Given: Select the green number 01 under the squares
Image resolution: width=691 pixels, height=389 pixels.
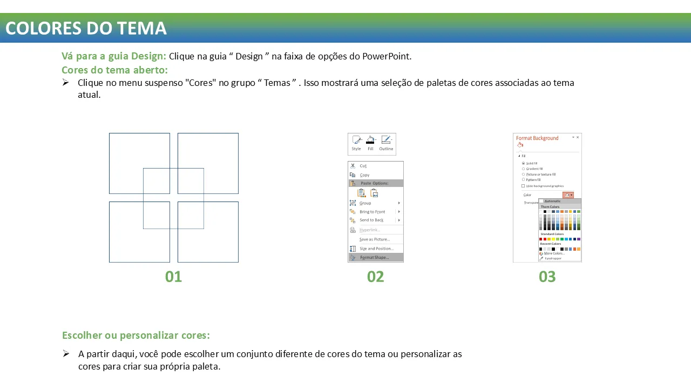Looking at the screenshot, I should (x=173, y=277).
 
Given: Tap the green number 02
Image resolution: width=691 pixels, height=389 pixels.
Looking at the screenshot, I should (x=375, y=277).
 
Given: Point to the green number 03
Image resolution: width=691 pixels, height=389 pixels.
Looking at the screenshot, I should (x=547, y=277).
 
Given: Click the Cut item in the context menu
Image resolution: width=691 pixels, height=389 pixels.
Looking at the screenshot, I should (x=363, y=166).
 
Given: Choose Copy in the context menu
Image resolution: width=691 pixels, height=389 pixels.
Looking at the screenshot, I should (x=365, y=175).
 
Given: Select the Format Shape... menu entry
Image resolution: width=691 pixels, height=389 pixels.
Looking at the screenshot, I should (x=374, y=258).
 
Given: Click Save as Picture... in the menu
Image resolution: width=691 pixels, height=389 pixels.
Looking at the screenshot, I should (x=374, y=239).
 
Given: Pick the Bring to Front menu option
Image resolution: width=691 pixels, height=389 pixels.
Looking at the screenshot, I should (x=372, y=212).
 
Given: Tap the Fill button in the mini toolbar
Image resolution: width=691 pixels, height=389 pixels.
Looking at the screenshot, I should (x=370, y=143).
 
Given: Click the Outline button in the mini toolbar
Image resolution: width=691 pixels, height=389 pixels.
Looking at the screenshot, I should (x=386, y=143).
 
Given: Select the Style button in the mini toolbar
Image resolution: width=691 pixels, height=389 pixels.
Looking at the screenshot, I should (x=356, y=143).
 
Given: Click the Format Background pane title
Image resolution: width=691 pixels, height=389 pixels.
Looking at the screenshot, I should (x=537, y=138).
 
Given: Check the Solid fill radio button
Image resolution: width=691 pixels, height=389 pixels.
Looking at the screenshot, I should (x=523, y=163).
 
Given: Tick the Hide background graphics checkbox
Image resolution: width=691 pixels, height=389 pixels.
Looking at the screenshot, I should (x=523, y=186).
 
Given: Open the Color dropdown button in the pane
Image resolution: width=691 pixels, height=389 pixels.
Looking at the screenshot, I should (x=568, y=195).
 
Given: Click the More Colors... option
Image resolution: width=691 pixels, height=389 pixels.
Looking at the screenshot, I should (x=554, y=253).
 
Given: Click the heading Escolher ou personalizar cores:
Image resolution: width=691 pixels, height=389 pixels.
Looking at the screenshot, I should (x=136, y=335).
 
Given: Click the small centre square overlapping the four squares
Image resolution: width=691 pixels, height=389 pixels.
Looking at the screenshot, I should (x=173, y=198).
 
